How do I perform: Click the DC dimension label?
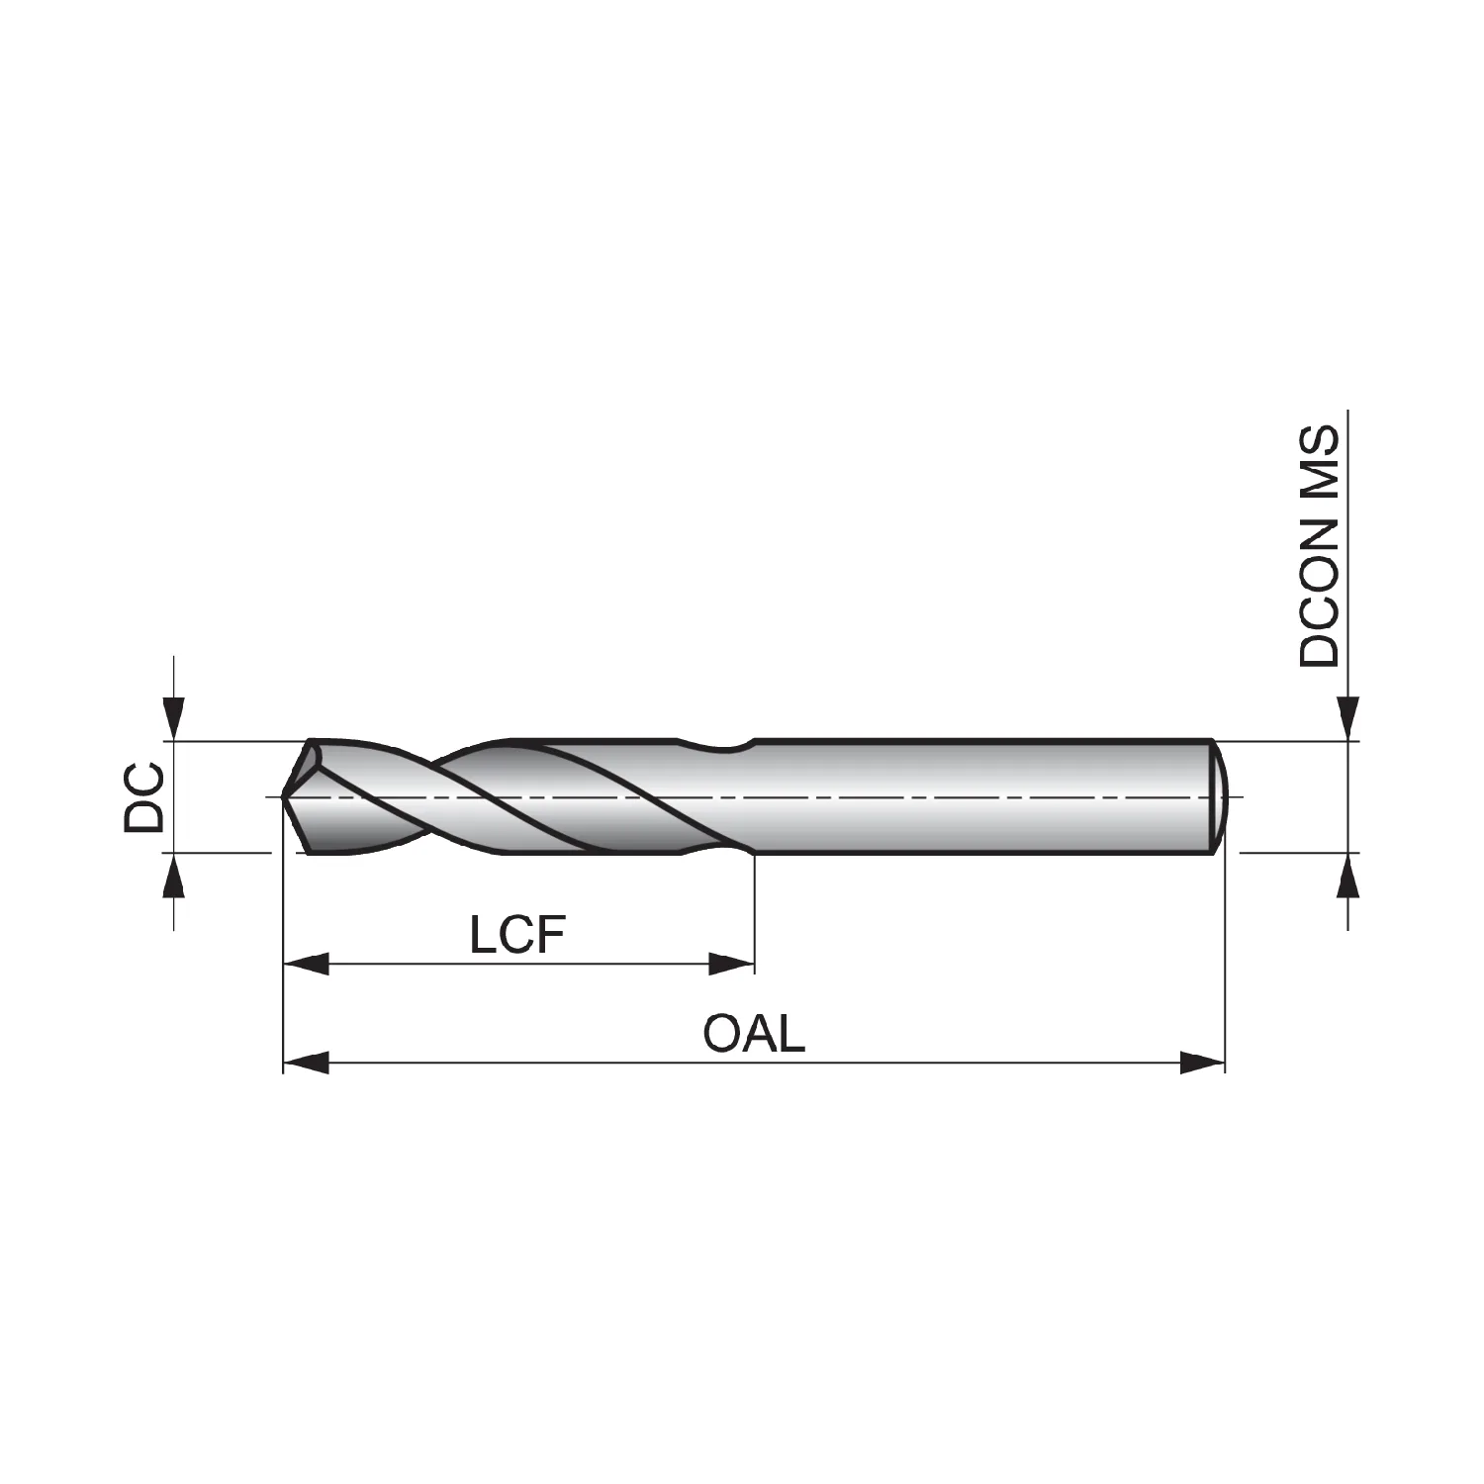(x=144, y=796)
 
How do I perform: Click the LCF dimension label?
(x=517, y=934)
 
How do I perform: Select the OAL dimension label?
(x=754, y=1034)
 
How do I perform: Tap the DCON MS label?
(x=1320, y=546)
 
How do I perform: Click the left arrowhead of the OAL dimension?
(x=306, y=1064)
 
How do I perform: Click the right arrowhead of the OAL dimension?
(x=1203, y=1064)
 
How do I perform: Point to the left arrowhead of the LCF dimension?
(x=306, y=964)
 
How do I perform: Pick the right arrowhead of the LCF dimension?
(x=732, y=964)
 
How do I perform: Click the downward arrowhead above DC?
(x=174, y=717)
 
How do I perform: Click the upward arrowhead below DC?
(x=174, y=875)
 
